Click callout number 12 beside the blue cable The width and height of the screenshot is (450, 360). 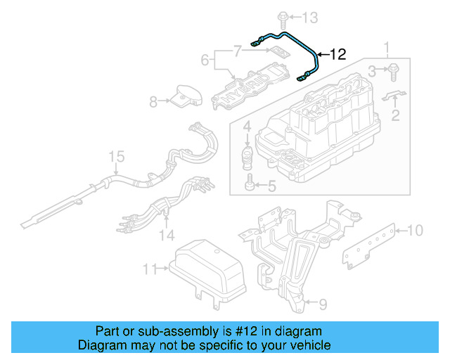click(338, 54)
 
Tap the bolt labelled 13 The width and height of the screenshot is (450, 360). click(281, 16)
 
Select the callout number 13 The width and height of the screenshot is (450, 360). click(310, 17)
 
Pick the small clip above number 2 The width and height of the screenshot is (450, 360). click(395, 96)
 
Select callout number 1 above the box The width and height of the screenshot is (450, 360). click(386, 49)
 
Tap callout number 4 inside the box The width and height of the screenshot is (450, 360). click(247, 127)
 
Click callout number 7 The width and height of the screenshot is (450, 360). click(238, 50)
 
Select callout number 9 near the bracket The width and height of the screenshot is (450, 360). click(323, 304)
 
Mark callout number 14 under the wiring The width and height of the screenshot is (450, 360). click(167, 234)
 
